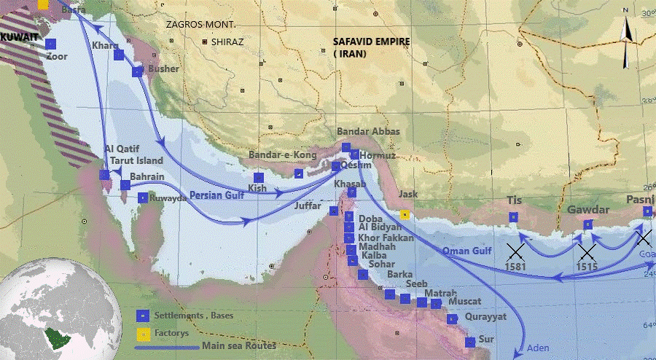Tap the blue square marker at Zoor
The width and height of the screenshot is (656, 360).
50,44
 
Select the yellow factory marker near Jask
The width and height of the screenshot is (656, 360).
404,214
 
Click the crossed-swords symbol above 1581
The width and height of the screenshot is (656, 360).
516,253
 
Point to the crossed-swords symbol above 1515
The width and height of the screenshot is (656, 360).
587,253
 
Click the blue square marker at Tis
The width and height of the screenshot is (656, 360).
514,216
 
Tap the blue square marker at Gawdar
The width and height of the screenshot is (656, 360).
587,224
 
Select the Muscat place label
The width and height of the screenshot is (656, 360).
464,300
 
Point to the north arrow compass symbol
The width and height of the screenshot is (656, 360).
626,44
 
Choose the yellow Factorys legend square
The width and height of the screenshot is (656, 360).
144,333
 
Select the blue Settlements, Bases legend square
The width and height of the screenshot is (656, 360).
144,316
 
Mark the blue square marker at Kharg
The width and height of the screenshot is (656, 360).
119,55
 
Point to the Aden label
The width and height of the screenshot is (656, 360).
538,348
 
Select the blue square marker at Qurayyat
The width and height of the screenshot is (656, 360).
451,318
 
